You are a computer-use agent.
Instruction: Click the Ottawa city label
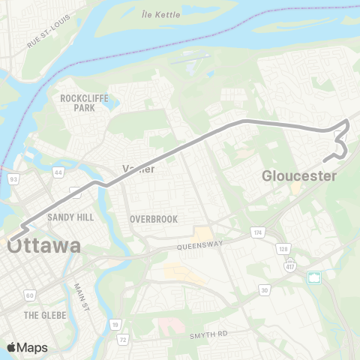[44, 246]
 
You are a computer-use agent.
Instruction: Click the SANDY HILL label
[69, 217]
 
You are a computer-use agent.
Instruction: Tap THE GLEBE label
[46, 315]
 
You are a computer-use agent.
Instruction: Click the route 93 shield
[13, 179]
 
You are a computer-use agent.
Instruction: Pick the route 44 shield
[58, 172]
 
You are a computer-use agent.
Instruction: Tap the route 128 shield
[284, 247]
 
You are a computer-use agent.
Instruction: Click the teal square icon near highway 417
[315, 278]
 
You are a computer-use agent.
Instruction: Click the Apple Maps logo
[26, 347]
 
